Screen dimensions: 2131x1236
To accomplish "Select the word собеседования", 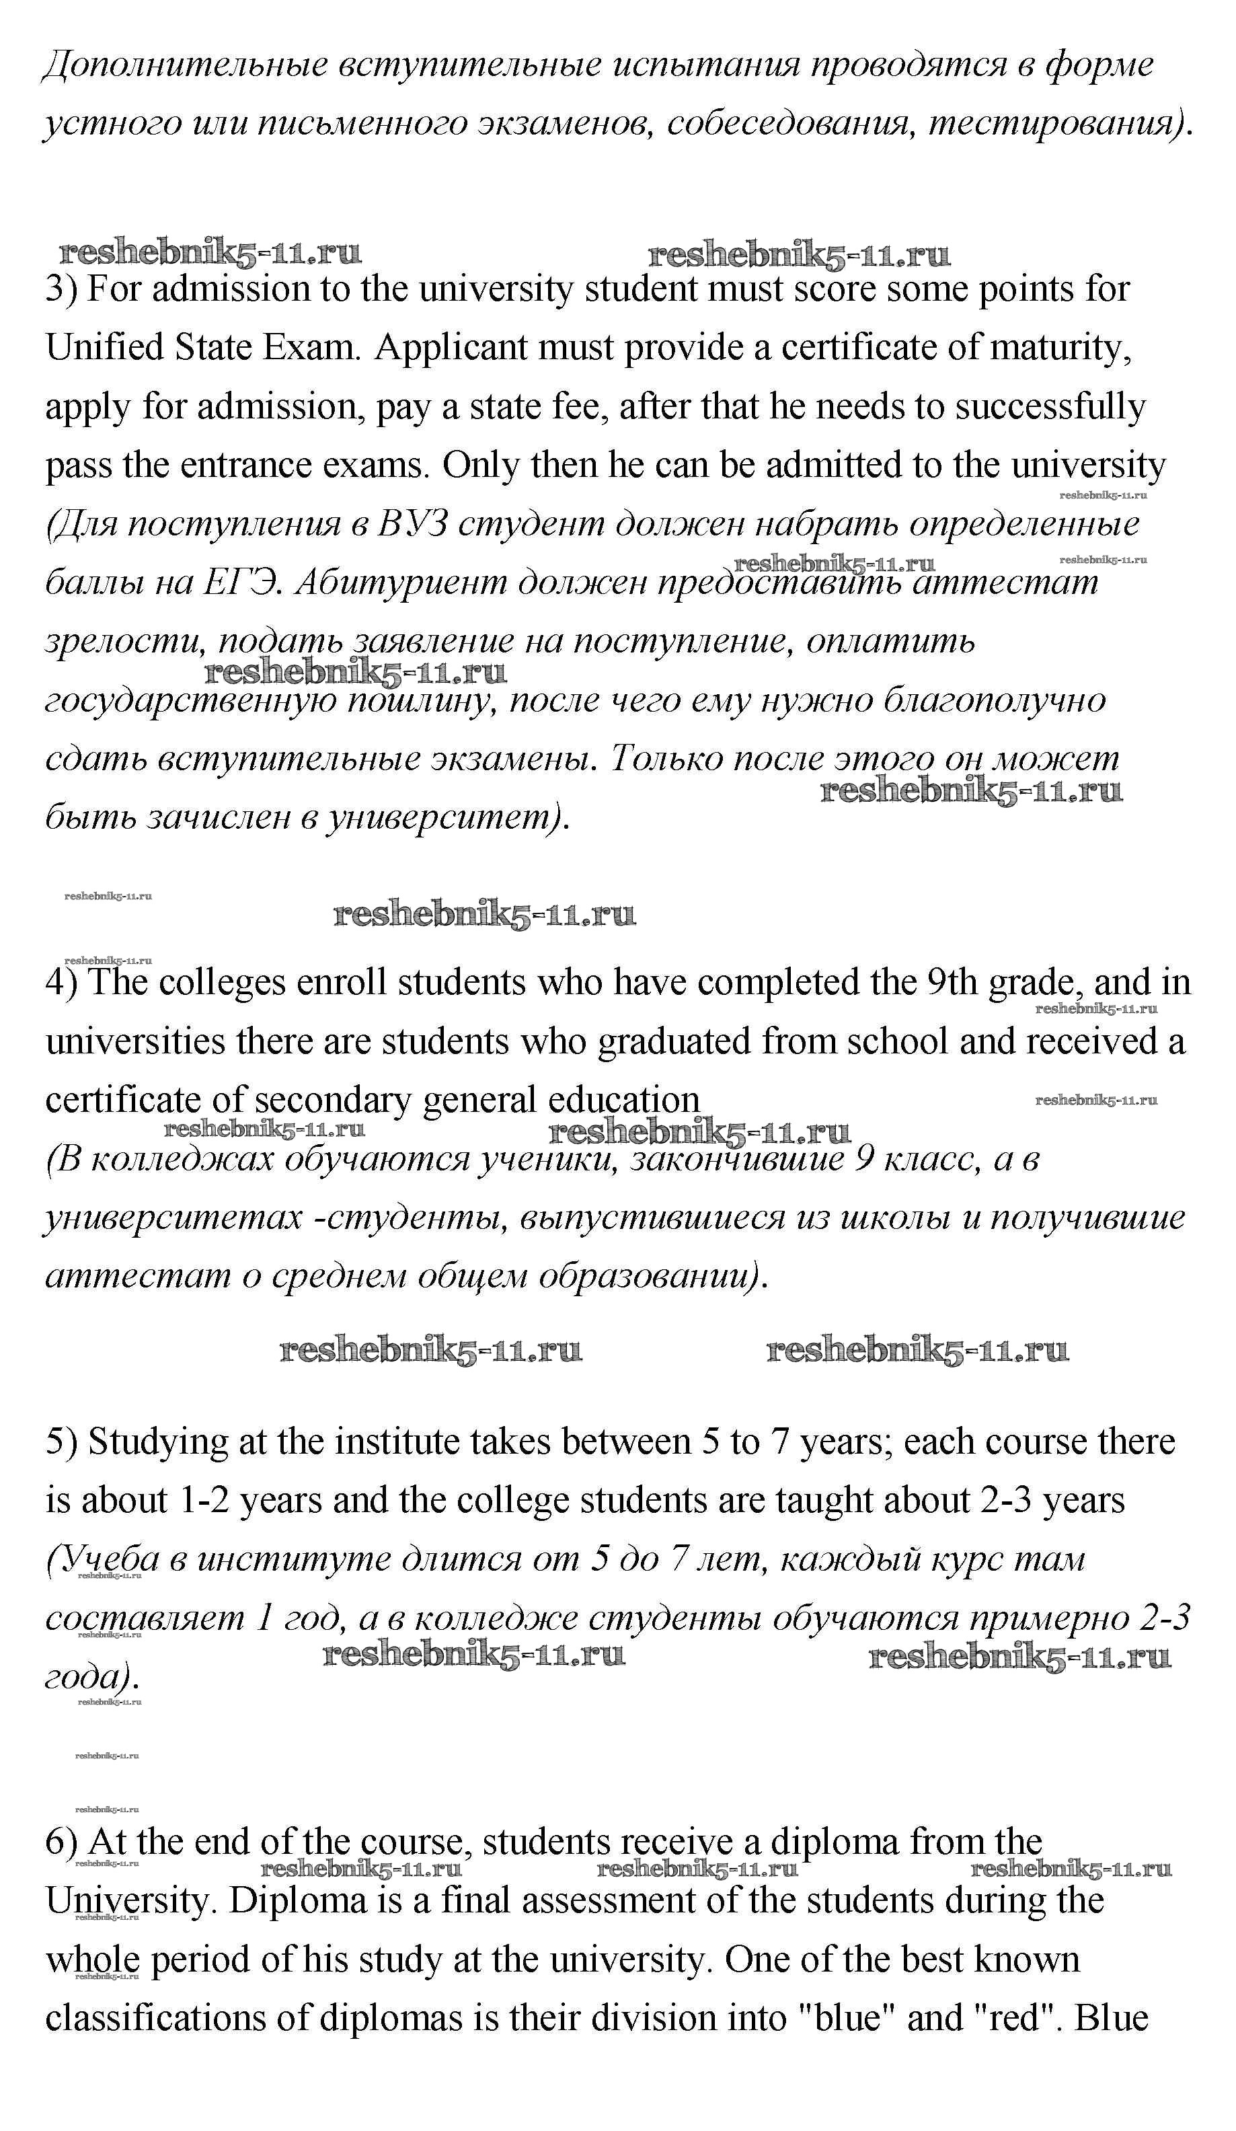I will click(789, 124).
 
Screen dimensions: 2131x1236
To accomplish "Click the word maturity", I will click(1060, 348).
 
